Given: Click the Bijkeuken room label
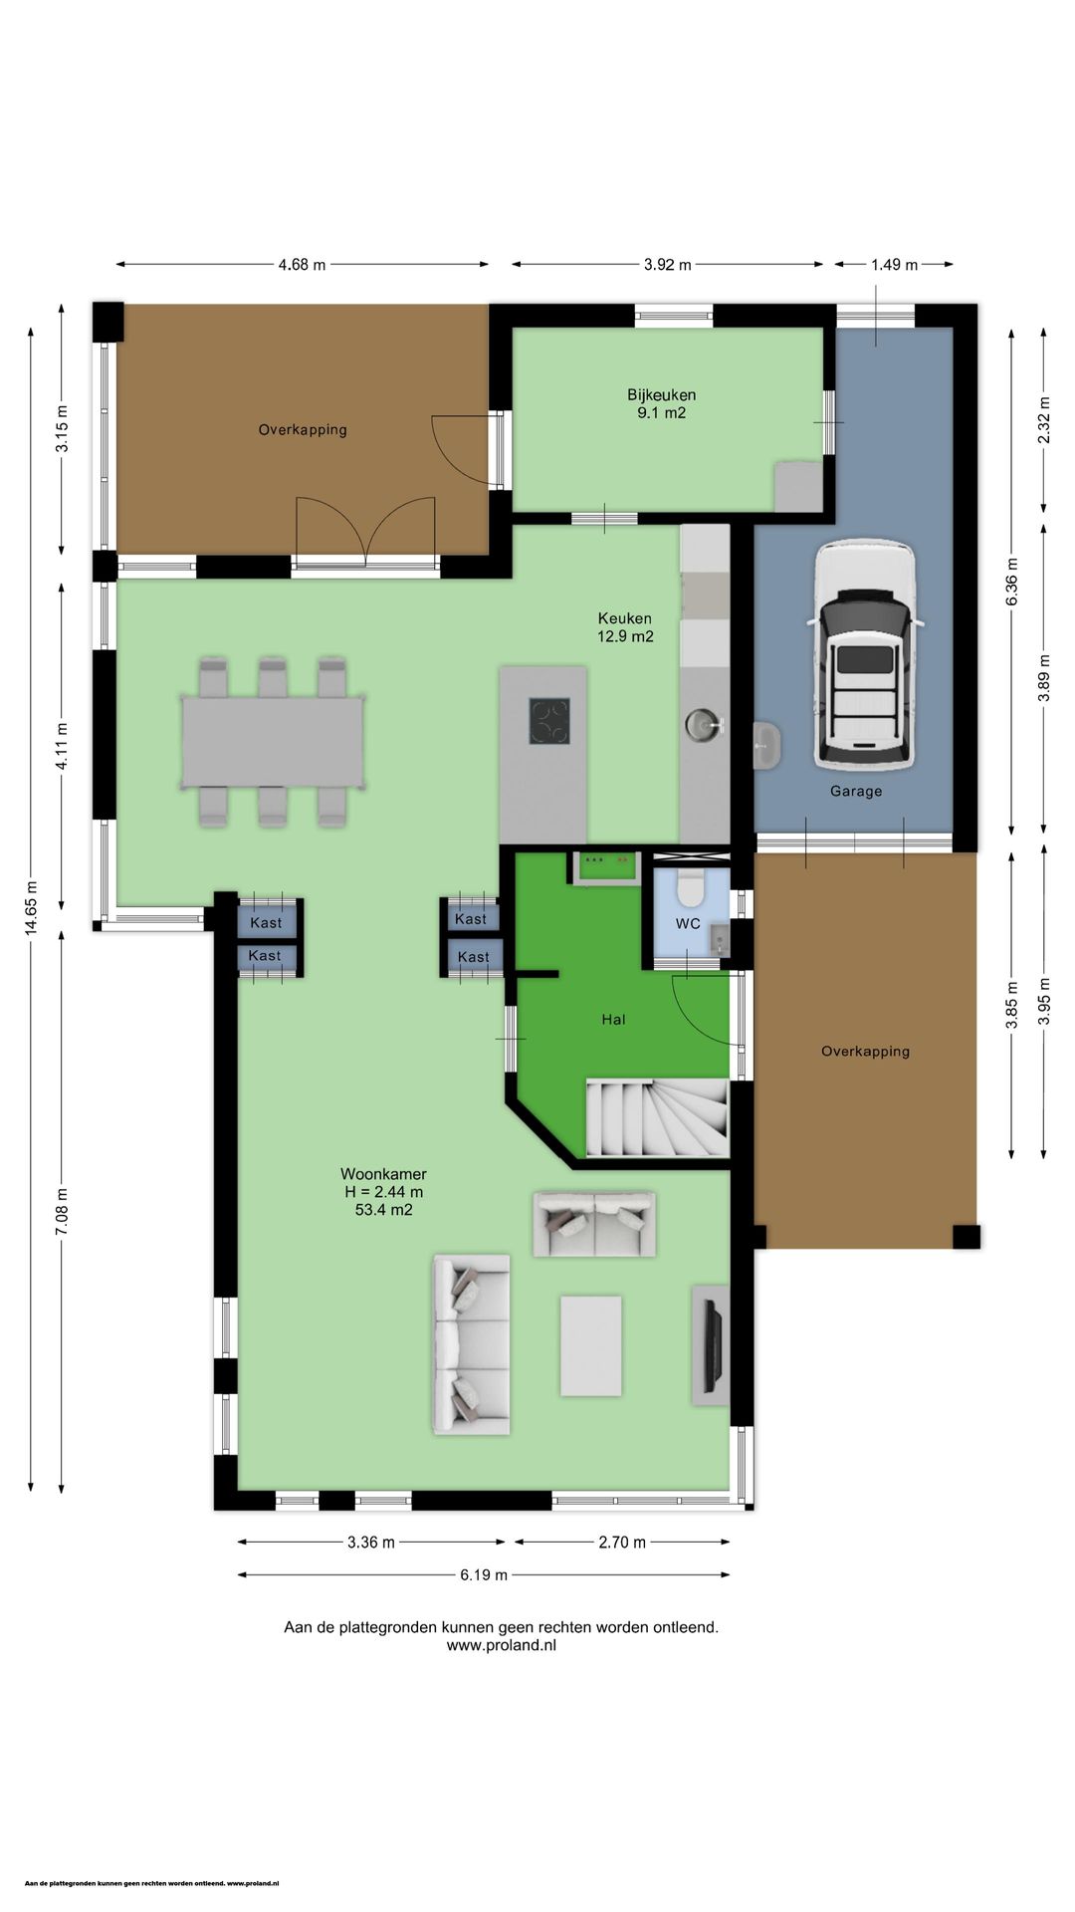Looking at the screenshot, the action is click(661, 395).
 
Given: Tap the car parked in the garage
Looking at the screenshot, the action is click(863, 655).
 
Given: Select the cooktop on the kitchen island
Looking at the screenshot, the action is click(549, 721).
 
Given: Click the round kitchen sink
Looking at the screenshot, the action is click(705, 725).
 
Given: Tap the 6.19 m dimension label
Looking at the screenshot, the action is click(484, 1574).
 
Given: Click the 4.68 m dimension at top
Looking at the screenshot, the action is click(302, 265).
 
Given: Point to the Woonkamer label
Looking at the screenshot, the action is click(383, 1174).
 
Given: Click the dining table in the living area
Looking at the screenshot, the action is click(272, 742).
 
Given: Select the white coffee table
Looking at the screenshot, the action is click(590, 1345).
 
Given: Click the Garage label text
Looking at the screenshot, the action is click(856, 792).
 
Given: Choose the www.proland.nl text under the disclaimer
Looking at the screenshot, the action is click(501, 1645).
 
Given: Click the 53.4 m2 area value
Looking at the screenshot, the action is click(383, 1210).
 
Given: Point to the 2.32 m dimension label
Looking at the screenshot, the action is click(1043, 421).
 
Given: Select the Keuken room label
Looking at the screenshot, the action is click(624, 618).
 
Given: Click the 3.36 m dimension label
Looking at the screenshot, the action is click(371, 1543).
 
